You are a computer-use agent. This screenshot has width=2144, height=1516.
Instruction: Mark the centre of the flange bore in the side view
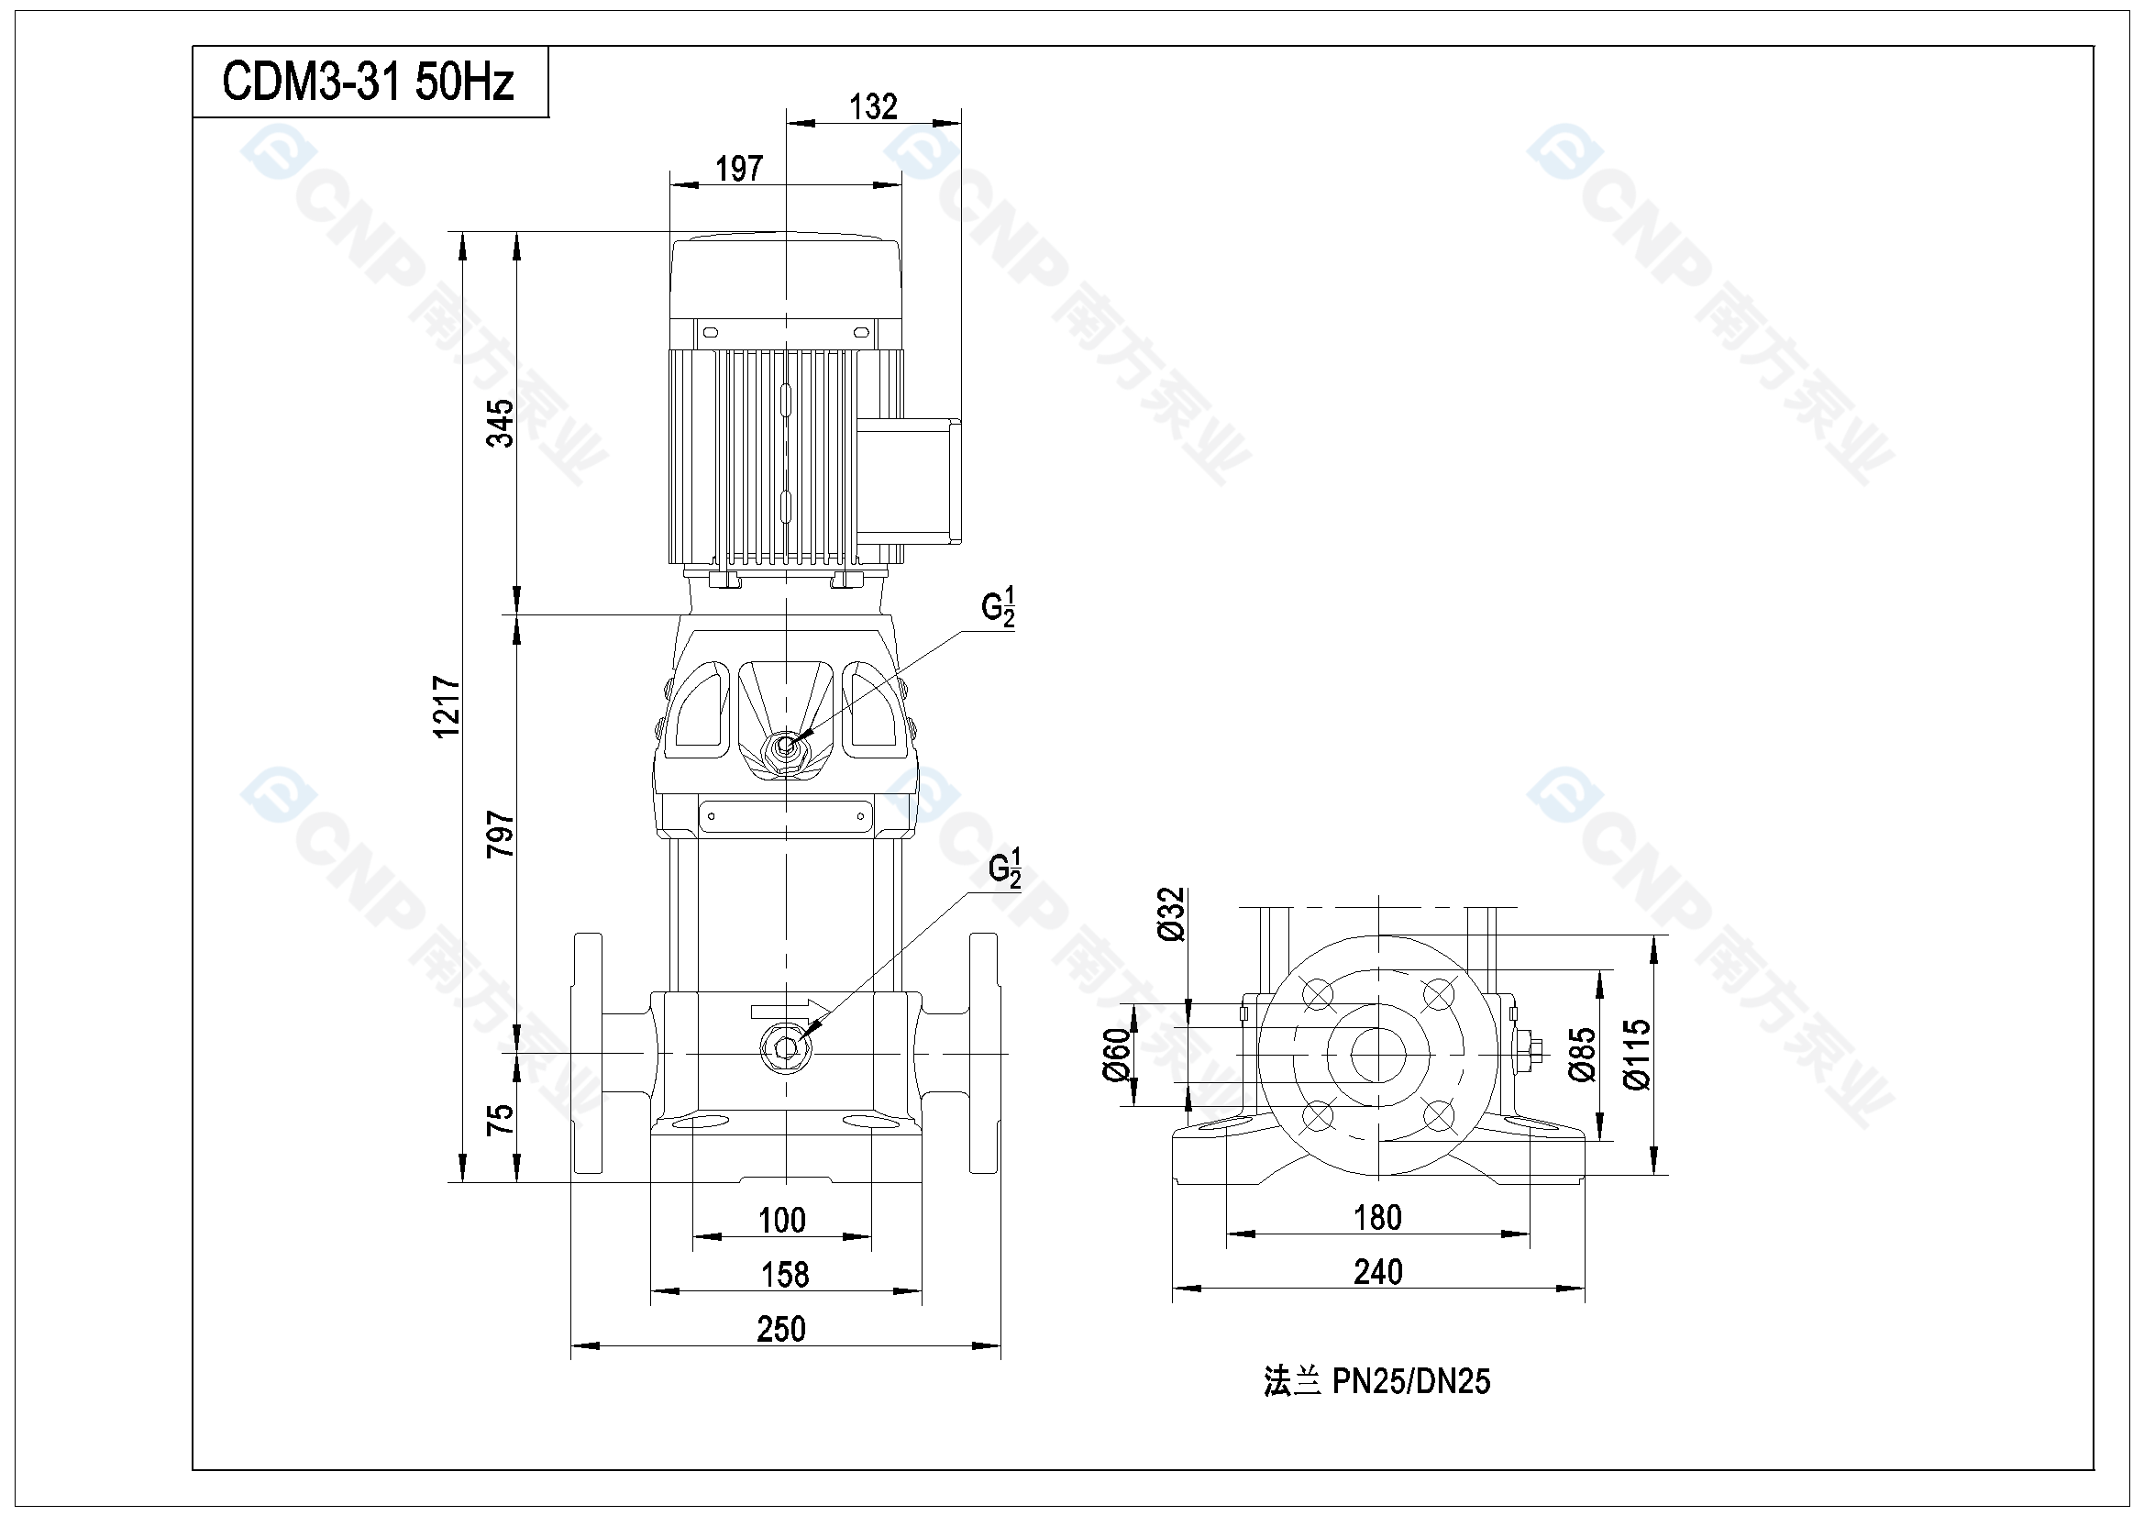point(1378,1055)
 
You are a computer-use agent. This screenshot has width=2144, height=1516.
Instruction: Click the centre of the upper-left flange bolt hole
point(1318,994)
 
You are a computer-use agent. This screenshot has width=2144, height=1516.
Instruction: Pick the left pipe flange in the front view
point(588,1054)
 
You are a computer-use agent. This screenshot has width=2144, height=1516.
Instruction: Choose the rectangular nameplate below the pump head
point(786,816)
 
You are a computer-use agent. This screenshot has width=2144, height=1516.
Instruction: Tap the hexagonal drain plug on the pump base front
point(786,1047)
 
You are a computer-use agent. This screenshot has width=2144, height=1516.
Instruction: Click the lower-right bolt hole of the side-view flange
point(1439,1115)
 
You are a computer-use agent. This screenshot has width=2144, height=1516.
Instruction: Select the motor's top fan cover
point(786,276)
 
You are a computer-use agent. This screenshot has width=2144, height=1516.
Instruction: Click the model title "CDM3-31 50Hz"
point(368,83)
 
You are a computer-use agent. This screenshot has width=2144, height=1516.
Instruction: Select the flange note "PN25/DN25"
point(1411,1380)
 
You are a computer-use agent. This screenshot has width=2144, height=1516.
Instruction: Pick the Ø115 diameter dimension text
point(1638,1055)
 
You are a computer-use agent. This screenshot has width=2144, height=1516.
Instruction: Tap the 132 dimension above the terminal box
point(873,106)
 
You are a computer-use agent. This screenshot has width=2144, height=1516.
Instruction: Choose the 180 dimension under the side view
point(1378,1218)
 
